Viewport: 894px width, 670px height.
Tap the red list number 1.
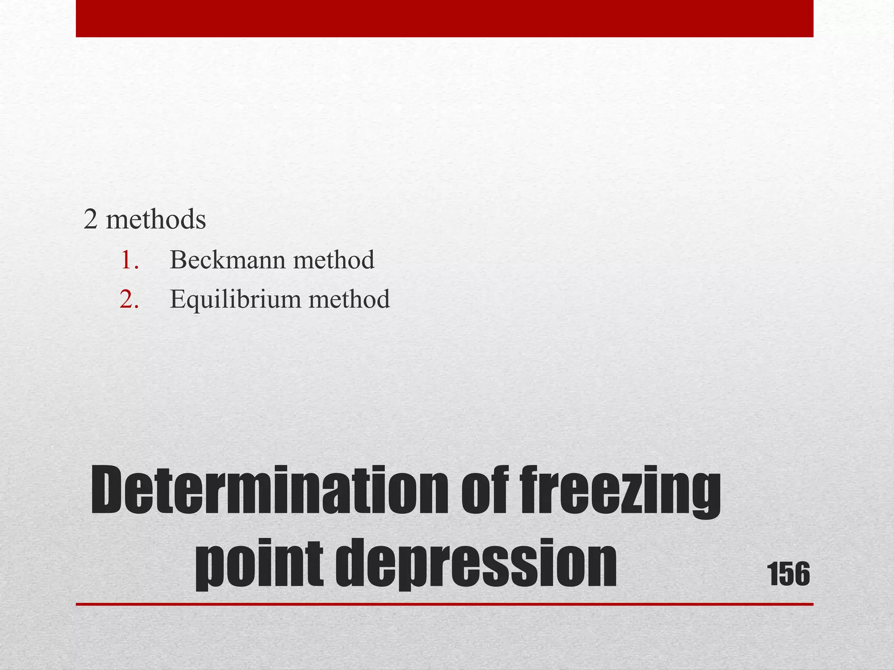[129, 260]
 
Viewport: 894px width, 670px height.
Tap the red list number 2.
[129, 300]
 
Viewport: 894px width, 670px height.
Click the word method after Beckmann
[334, 260]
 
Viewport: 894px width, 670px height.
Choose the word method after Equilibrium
[349, 300]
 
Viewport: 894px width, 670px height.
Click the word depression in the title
[476, 563]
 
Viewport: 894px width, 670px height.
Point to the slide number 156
[788, 574]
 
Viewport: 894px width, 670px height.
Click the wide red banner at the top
[444, 18]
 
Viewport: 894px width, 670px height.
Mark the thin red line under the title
[444, 604]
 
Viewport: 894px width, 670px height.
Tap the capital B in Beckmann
[178, 260]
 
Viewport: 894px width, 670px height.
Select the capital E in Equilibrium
[179, 300]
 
